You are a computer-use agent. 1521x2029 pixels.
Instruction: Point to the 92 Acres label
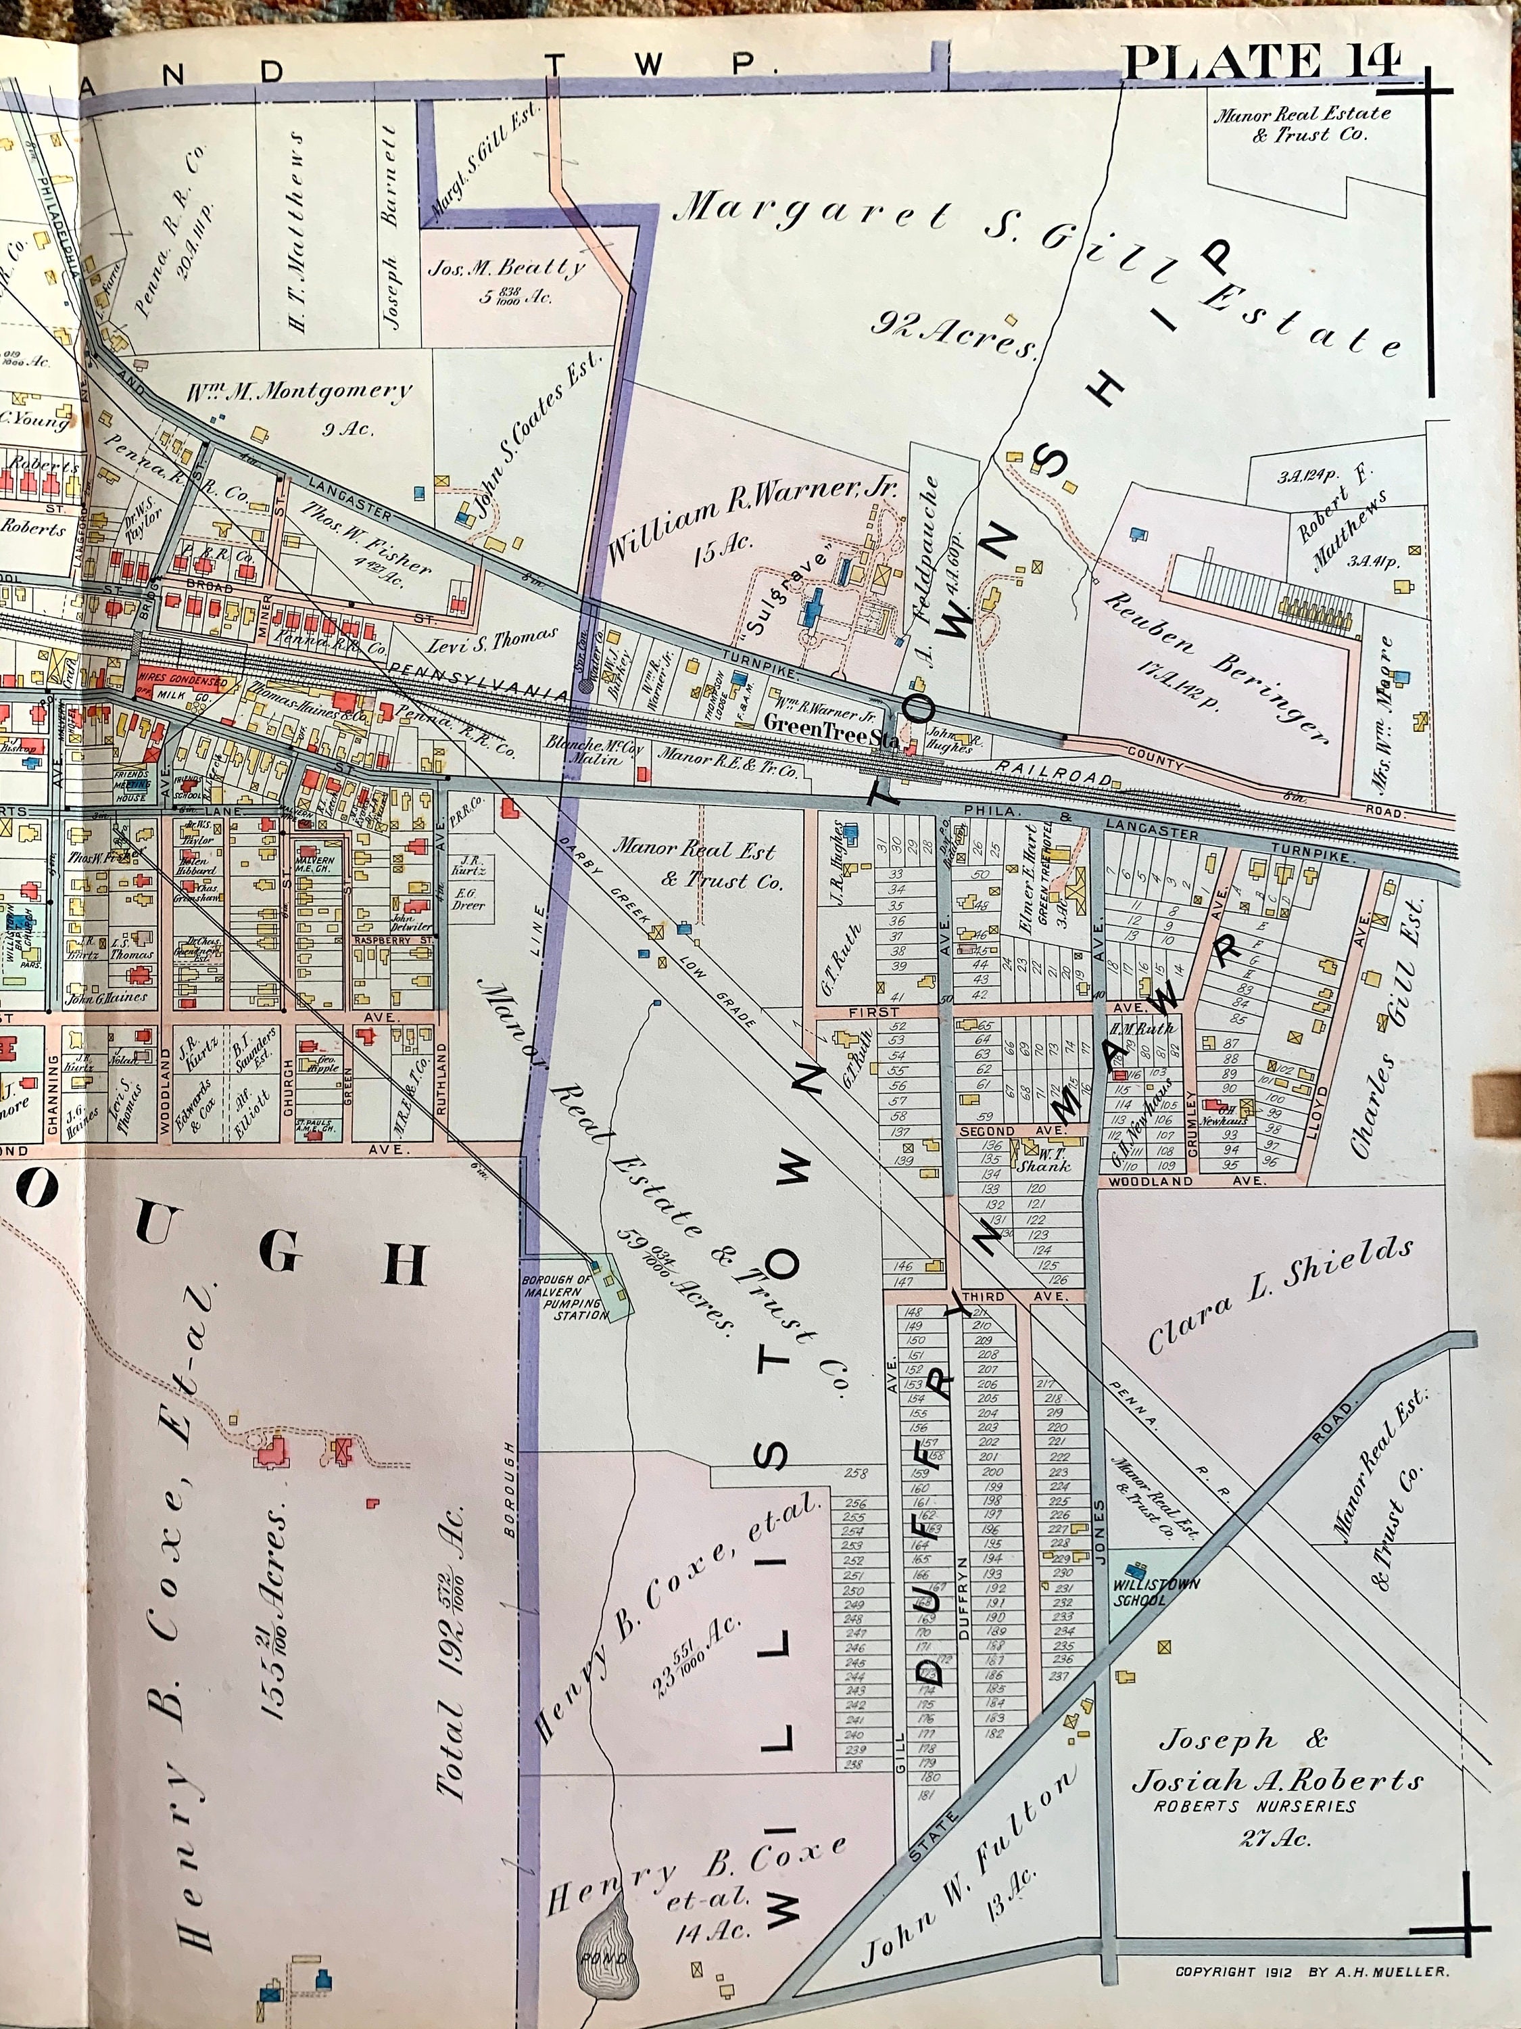point(953,334)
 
